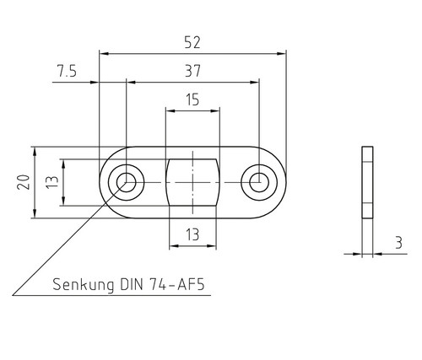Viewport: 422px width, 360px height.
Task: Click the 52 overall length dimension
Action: (x=192, y=42)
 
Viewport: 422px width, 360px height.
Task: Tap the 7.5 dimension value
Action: (x=67, y=71)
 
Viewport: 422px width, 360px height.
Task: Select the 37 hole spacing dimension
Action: (x=192, y=71)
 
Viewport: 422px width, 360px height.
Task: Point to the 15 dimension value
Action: (x=192, y=99)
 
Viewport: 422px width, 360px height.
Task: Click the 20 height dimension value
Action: (x=24, y=182)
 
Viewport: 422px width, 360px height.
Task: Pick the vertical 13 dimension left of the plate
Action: (x=52, y=182)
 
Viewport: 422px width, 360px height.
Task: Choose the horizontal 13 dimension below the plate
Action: (x=192, y=234)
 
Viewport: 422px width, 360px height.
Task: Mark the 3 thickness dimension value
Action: (x=398, y=243)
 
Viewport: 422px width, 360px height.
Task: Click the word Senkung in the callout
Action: (x=84, y=285)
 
